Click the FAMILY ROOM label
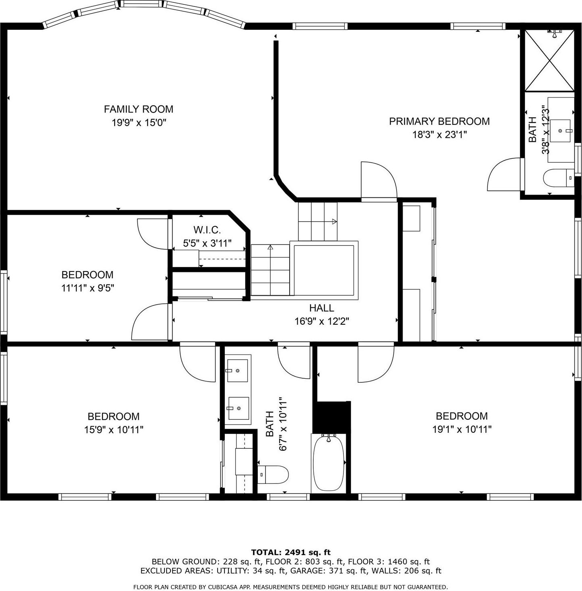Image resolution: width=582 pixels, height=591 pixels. point(138,109)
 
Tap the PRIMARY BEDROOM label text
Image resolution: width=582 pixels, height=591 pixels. point(439,121)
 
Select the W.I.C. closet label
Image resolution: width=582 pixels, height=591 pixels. point(207,230)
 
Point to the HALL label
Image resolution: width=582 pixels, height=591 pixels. point(321,308)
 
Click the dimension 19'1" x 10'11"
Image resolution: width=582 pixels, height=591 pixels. point(462,429)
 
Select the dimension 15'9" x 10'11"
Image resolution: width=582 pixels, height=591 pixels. point(113,430)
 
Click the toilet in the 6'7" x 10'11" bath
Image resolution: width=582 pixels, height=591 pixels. point(274,475)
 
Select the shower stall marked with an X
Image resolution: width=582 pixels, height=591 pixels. point(549,60)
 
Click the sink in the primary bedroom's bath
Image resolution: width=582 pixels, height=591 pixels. point(560,131)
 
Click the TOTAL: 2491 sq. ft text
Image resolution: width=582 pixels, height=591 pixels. point(290,552)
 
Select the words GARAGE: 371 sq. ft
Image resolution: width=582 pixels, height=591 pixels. point(330,571)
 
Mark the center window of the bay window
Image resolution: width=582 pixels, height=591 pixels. point(142,4)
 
